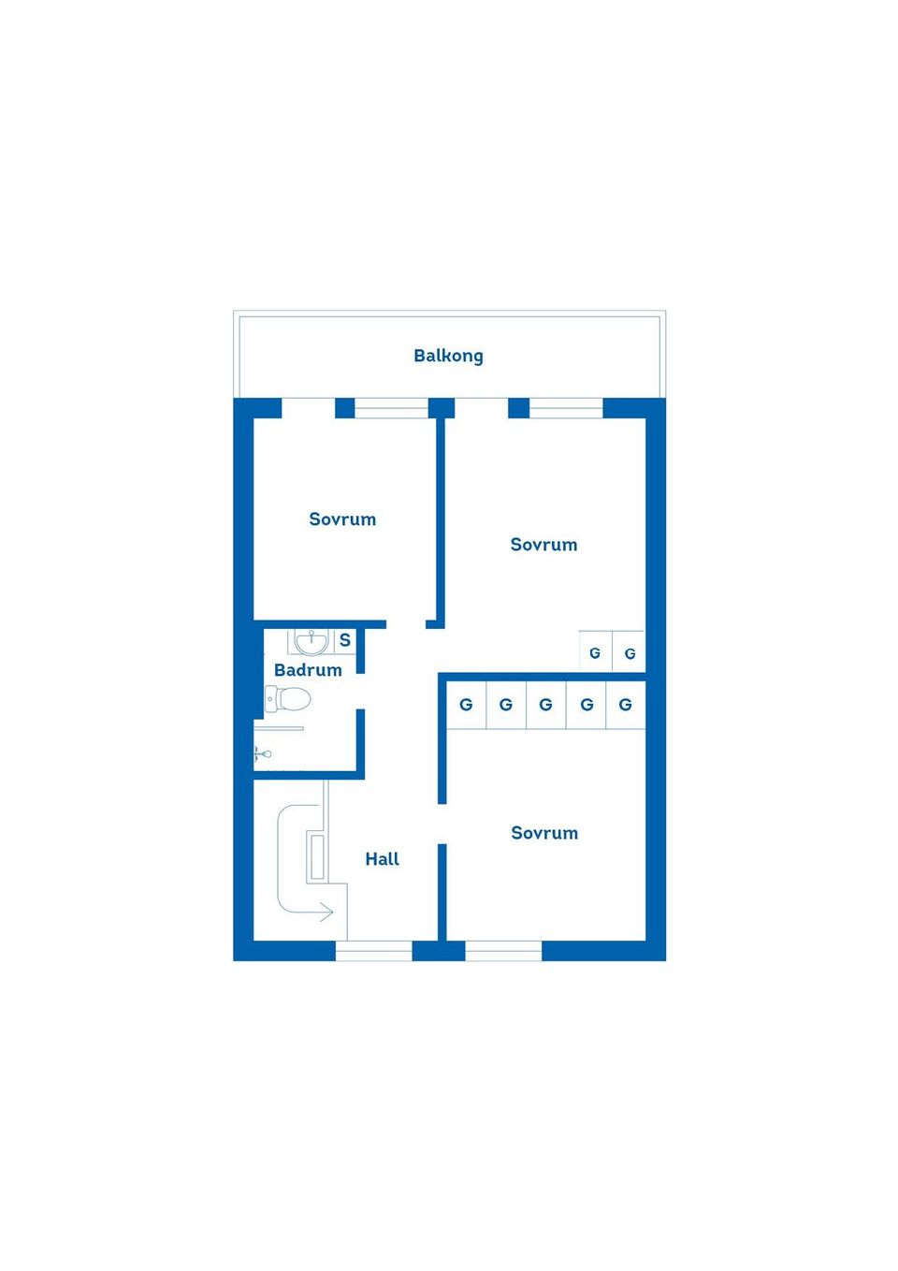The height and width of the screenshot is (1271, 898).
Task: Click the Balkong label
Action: point(448,356)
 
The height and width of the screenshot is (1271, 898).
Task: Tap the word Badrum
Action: point(308,669)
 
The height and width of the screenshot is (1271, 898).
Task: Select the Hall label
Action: point(382,858)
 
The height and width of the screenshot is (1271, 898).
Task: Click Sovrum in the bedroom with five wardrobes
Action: point(544,832)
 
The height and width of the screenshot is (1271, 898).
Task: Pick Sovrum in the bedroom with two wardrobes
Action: point(543,544)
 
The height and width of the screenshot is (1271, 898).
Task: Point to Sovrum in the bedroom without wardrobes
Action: point(342,519)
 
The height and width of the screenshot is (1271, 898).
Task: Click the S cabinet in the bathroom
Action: point(344,640)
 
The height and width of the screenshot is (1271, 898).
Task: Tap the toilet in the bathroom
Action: point(287,698)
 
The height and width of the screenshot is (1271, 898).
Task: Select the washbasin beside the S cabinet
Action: point(311,642)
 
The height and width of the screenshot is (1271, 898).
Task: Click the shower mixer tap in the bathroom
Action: point(263,754)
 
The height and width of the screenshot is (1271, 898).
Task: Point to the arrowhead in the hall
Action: point(326,912)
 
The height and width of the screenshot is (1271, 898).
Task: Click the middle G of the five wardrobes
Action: point(545,704)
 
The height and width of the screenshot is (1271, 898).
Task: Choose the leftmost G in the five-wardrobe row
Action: point(466,704)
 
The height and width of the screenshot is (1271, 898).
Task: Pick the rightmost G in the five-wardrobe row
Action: point(625,704)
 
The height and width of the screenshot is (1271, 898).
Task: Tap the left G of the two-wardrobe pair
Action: point(595,653)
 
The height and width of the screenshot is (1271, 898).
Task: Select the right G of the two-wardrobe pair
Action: point(630,653)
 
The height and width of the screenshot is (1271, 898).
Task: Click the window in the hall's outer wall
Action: point(373,951)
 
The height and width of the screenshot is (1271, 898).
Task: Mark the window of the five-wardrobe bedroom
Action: point(503,951)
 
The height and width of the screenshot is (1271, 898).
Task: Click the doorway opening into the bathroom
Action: point(360,691)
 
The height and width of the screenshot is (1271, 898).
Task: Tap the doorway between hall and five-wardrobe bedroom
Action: point(442,824)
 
